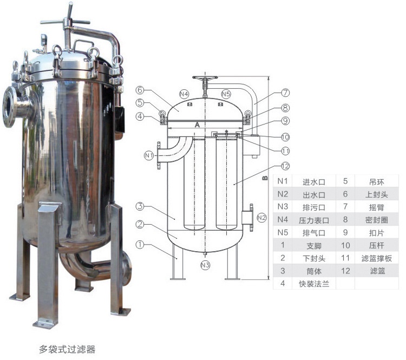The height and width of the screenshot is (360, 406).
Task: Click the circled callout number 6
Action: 140,90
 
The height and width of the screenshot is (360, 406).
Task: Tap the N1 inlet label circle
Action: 149,155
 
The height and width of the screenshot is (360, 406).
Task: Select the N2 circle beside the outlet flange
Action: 261,218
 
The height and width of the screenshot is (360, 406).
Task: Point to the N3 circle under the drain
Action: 205,265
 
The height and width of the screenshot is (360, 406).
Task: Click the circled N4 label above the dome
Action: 184,94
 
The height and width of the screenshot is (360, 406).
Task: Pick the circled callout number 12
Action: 285,166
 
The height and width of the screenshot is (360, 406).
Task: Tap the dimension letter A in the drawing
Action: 197,125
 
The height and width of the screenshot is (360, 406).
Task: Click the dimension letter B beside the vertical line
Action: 265,178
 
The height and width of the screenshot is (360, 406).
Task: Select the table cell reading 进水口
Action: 314,182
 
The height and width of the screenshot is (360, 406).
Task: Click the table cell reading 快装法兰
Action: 314,284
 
